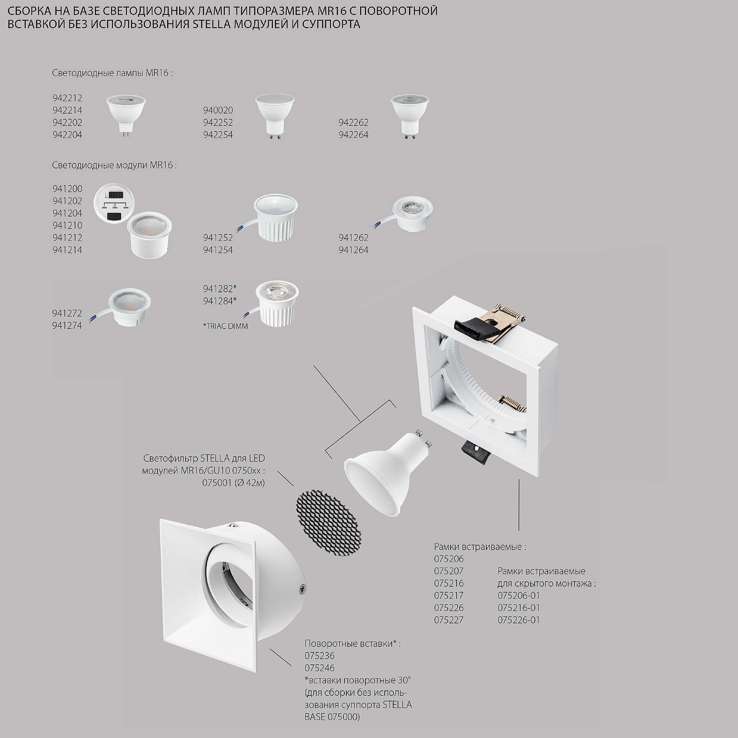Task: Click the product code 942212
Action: [x=67, y=98]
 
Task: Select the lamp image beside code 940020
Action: [x=274, y=116]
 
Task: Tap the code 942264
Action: [x=353, y=135]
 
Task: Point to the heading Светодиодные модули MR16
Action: [x=115, y=166]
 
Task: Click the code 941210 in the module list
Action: [x=67, y=226]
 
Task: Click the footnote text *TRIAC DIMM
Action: [x=225, y=326]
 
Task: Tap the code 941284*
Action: [x=220, y=301]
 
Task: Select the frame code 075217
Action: [x=449, y=595]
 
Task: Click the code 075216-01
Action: [x=519, y=608]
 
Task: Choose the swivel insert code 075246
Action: [x=319, y=668]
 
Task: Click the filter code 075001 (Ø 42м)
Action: [x=233, y=483]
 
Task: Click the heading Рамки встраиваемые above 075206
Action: [x=480, y=547]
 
